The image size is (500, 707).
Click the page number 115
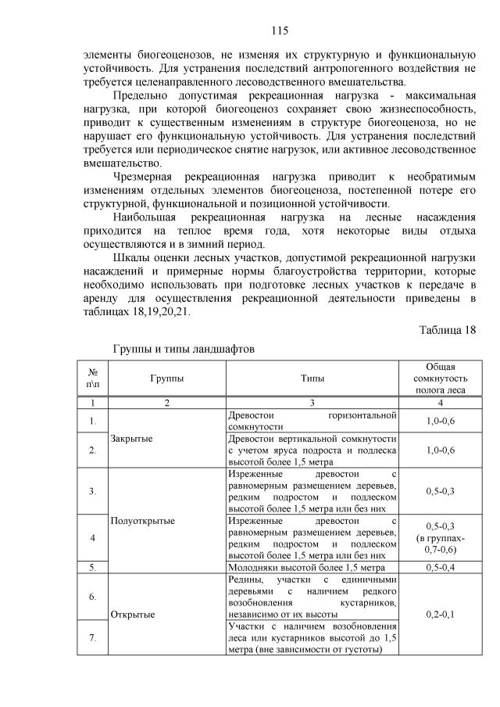(x=280, y=31)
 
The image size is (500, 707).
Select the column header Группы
(x=166, y=379)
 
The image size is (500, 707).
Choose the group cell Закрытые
(x=131, y=438)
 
